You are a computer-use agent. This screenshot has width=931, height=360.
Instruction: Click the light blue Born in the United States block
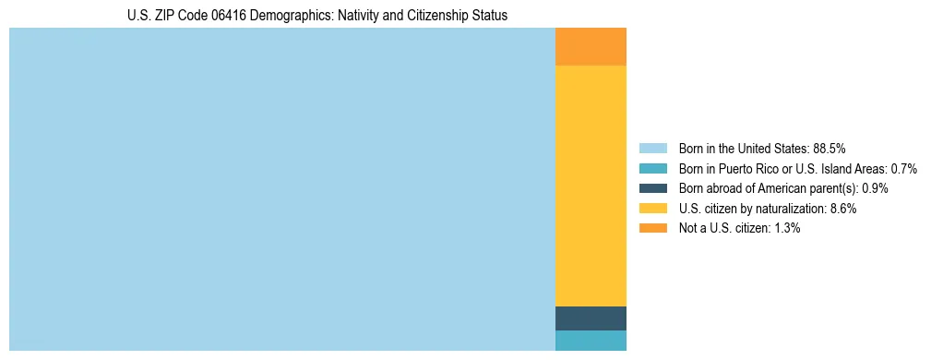coord(281,189)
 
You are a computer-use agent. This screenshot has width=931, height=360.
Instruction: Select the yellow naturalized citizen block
coord(591,186)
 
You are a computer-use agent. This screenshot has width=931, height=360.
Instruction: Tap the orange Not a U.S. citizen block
coord(591,47)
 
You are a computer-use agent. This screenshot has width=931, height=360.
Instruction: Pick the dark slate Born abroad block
coord(591,318)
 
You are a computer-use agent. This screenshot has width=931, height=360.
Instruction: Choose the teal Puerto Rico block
coord(591,341)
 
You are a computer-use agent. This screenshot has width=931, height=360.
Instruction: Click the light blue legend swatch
coord(652,148)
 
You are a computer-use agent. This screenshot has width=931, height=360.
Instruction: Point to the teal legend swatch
coord(652,168)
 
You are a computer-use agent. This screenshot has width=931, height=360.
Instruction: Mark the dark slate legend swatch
coord(652,188)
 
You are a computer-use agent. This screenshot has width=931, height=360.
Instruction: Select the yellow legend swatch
coord(652,209)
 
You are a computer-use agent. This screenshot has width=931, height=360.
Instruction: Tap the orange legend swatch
coord(652,228)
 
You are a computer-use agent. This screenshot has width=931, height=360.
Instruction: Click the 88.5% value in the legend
coord(830,148)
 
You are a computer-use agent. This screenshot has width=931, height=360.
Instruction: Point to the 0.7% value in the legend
coord(904,168)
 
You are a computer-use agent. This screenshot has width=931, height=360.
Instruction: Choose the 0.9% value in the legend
coord(875,188)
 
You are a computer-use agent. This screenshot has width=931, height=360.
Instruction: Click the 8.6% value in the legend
coord(843,209)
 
